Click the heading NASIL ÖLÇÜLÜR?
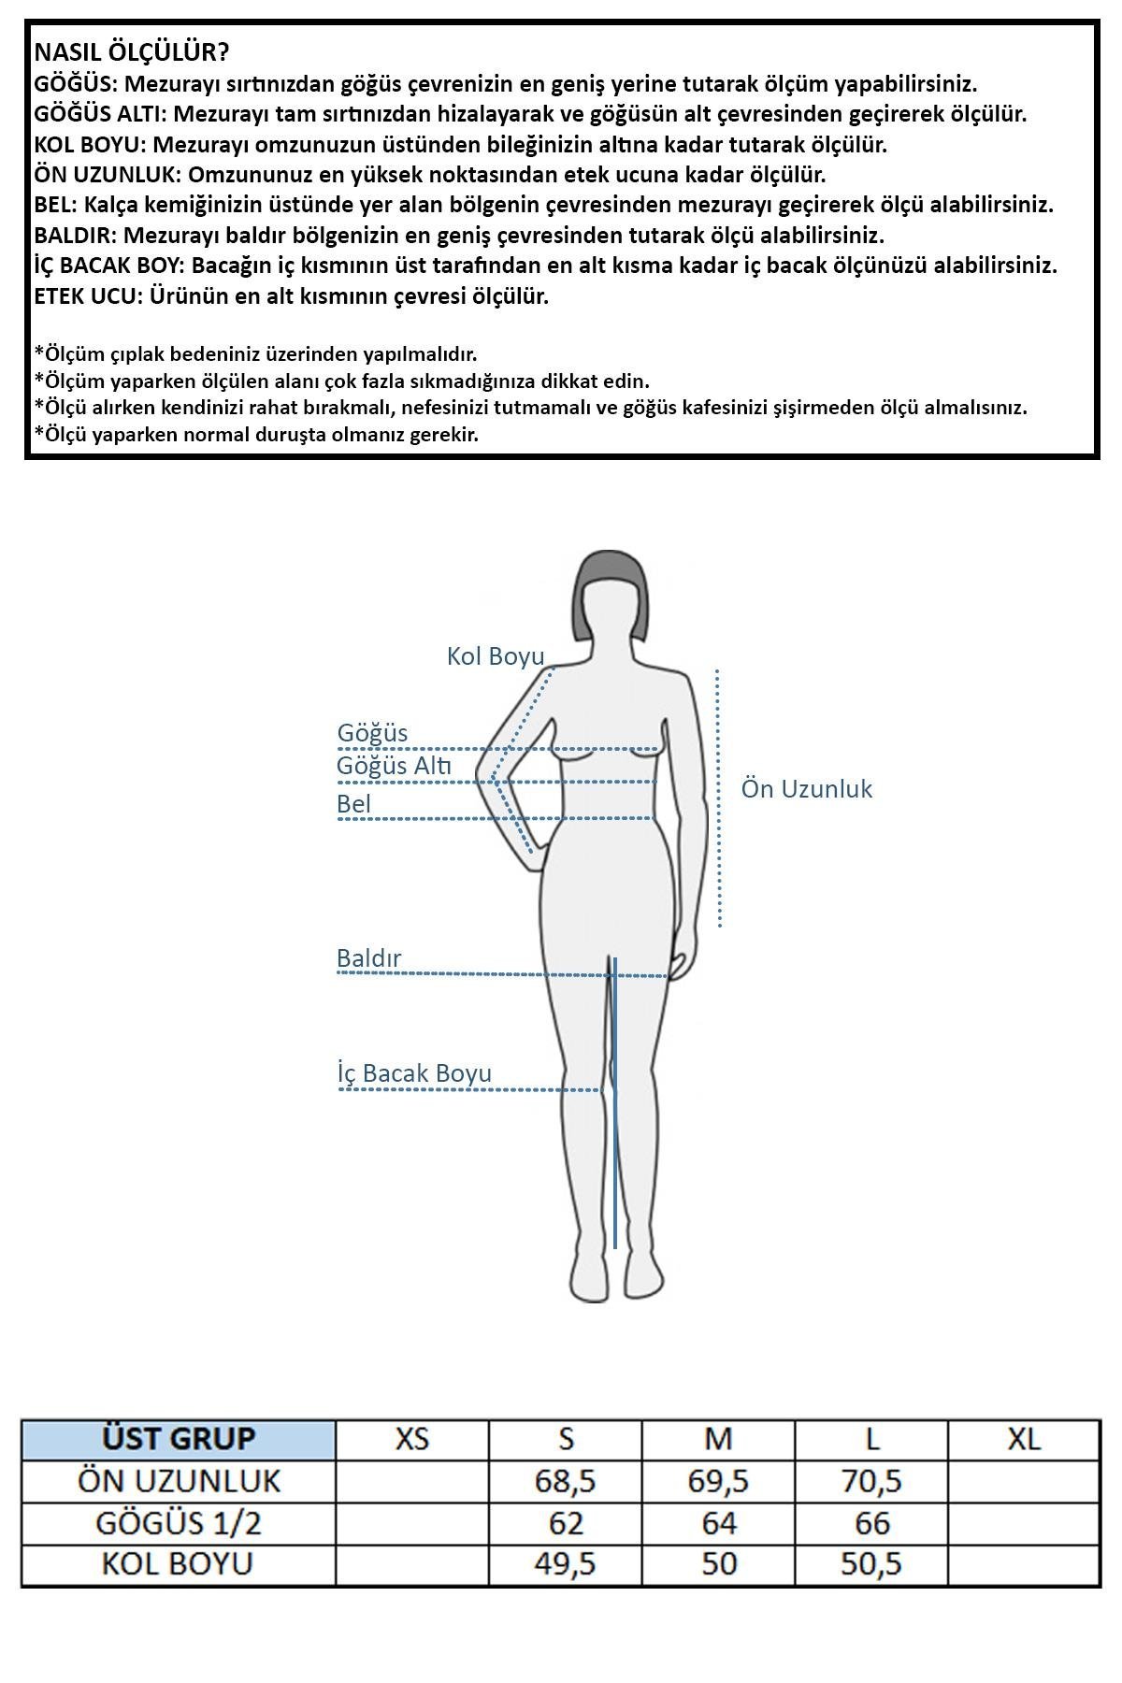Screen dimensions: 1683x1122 point(132,52)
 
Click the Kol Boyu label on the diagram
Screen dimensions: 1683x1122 point(496,656)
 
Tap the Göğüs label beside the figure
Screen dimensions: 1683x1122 point(372,733)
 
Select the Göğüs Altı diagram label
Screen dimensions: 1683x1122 point(394,767)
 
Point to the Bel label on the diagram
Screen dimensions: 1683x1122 point(354,804)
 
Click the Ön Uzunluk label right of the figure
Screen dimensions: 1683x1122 point(806,789)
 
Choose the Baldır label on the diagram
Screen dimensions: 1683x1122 point(368,958)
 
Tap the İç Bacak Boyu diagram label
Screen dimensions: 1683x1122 point(414,1073)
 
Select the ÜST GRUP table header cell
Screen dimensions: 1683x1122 point(179,1439)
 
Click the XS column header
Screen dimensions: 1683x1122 point(412,1439)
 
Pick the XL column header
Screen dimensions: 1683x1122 point(1024,1439)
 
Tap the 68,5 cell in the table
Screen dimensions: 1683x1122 point(566,1481)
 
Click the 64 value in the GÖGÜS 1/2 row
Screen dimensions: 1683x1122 point(718,1523)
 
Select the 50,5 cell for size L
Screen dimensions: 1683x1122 point(871,1564)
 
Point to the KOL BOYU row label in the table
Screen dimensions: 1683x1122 point(178,1564)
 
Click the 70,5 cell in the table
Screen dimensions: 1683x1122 point(871,1481)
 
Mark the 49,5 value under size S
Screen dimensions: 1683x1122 point(566,1564)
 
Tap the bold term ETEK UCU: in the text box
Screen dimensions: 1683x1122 point(88,296)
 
